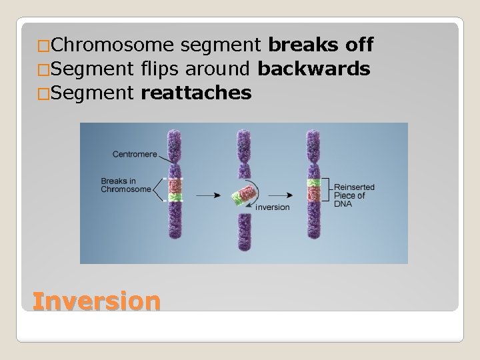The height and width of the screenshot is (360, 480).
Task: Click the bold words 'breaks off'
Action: point(320,45)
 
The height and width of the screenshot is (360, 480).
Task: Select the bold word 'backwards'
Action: point(314,69)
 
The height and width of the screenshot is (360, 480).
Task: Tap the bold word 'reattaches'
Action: point(197,92)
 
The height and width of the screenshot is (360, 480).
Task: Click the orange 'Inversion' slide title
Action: point(97,301)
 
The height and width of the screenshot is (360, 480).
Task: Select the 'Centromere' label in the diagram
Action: point(135,155)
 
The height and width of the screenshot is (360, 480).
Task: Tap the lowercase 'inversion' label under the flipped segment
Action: point(273,207)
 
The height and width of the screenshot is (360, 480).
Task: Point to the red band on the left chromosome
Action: point(176,185)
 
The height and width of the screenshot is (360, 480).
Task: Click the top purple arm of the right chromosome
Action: point(313,143)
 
